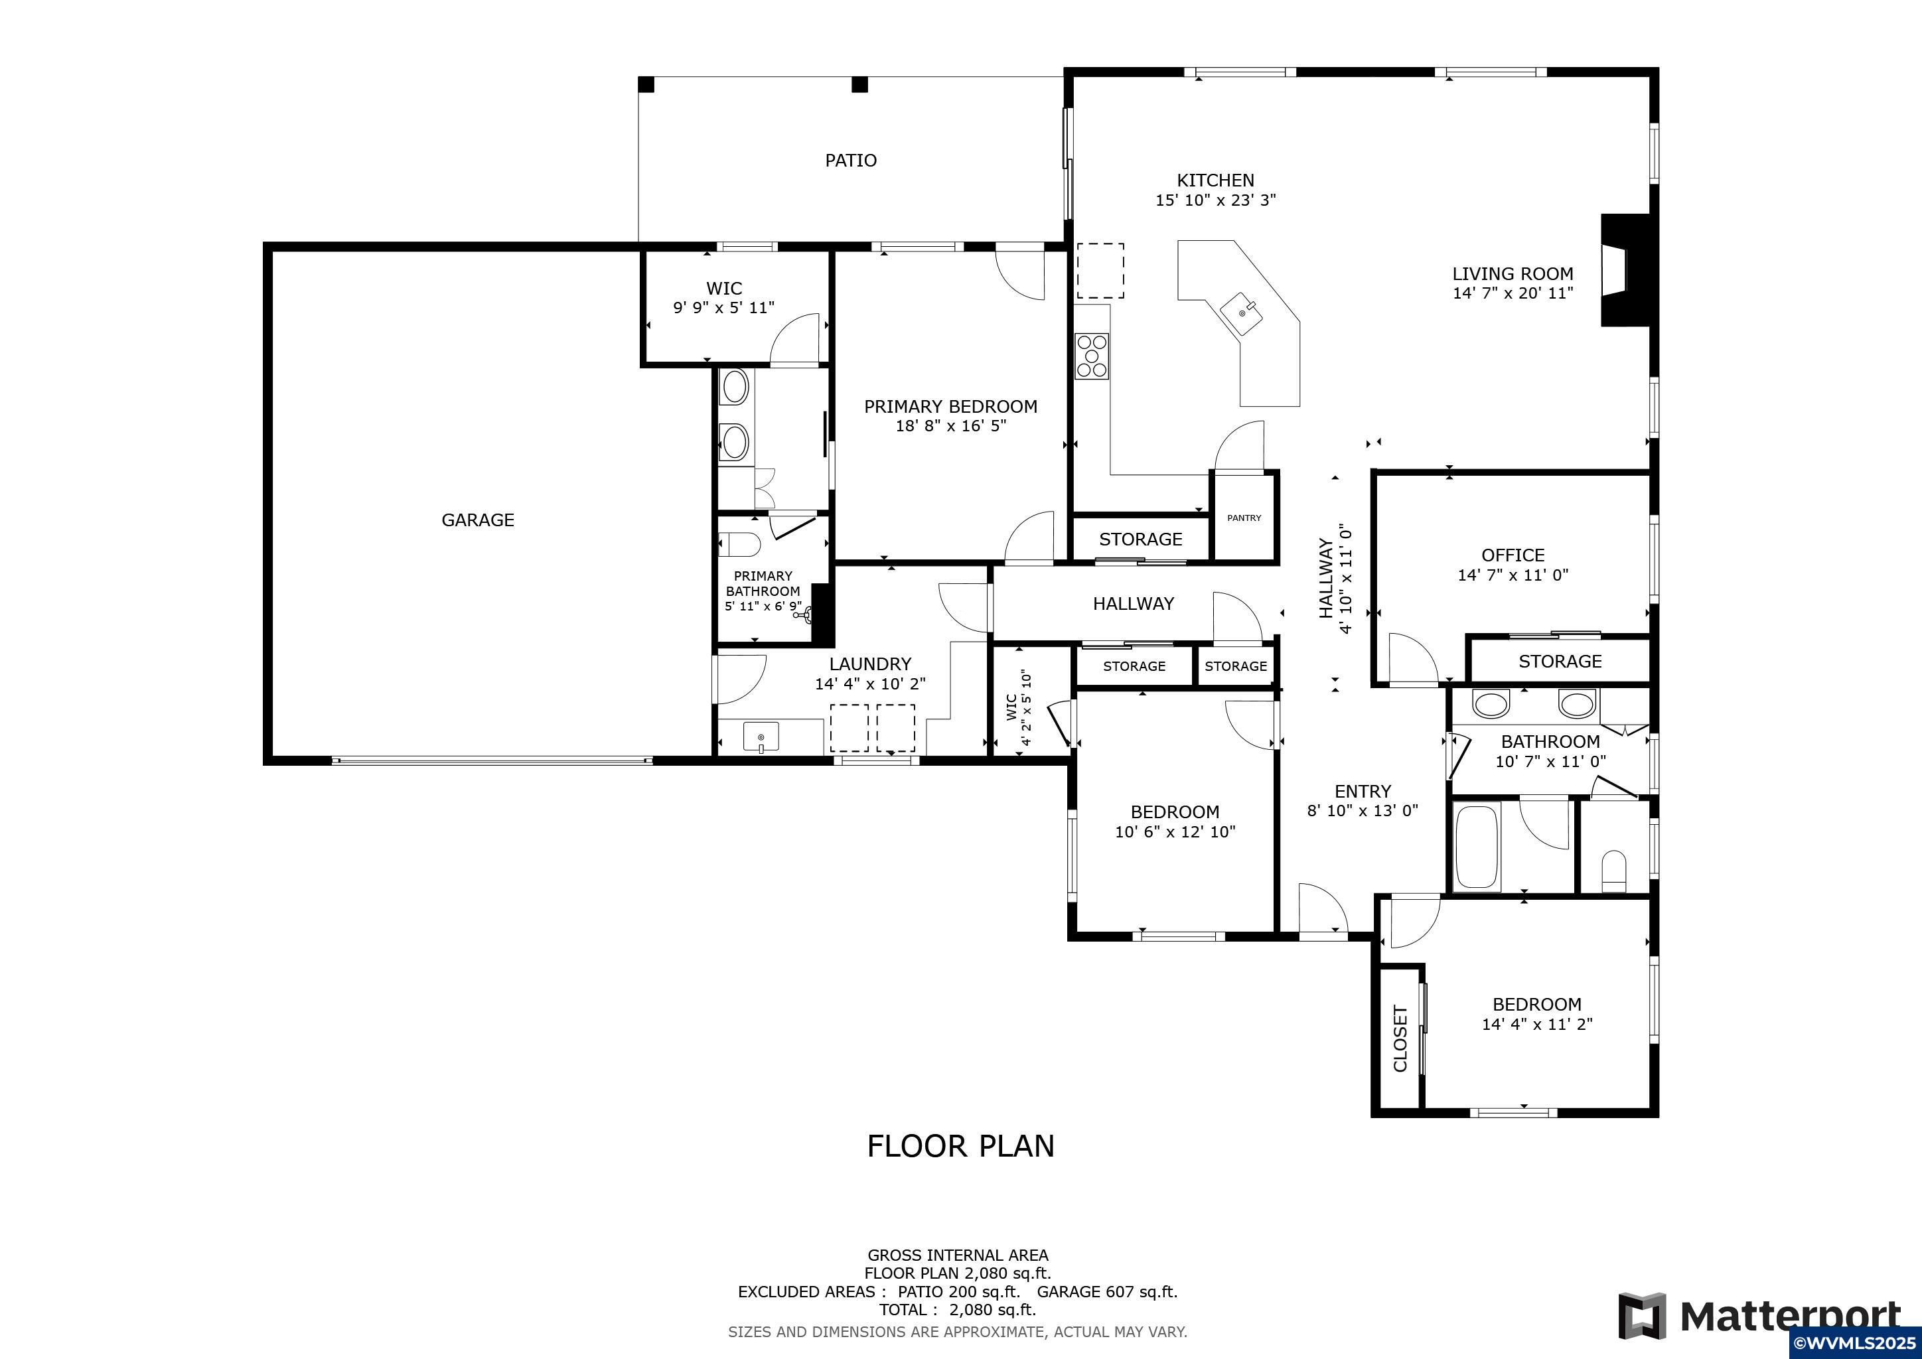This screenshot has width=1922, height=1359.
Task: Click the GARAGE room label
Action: [478, 520]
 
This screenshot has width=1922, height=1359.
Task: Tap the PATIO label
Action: [851, 160]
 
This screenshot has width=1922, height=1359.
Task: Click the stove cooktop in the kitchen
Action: [1092, 356]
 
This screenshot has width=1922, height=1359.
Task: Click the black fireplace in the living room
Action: [1625, 270]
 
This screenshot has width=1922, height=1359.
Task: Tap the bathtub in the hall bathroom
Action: [1477, 847]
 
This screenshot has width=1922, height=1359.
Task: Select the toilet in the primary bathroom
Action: [740, 545]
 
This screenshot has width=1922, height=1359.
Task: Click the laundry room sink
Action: [761, 737]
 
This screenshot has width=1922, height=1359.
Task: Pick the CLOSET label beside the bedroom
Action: [1400, 1038]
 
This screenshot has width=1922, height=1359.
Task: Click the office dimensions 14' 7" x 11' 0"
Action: [1513, 575]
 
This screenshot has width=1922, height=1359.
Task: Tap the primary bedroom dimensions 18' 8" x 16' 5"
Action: [951, 426]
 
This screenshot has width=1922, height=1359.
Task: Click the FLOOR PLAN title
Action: [961, 1145]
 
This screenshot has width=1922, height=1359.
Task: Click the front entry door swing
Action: [1323, 907]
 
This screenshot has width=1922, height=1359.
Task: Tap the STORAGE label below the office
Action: [1560, 661]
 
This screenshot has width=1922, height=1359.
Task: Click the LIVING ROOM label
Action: [1513, 273]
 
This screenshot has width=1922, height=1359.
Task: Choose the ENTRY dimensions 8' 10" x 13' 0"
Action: [1363, 810]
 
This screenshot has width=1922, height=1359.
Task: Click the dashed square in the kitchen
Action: [1100, 270]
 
